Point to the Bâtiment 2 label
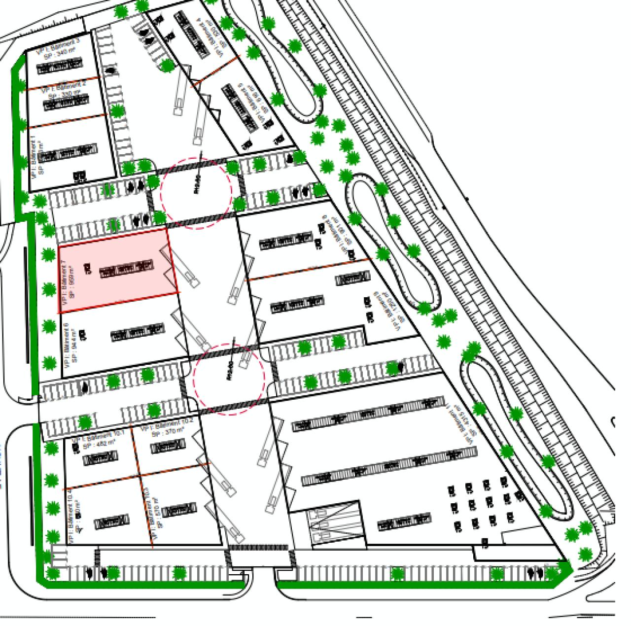64,87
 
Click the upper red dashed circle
196,193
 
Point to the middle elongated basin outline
394,242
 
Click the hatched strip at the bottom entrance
259,548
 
